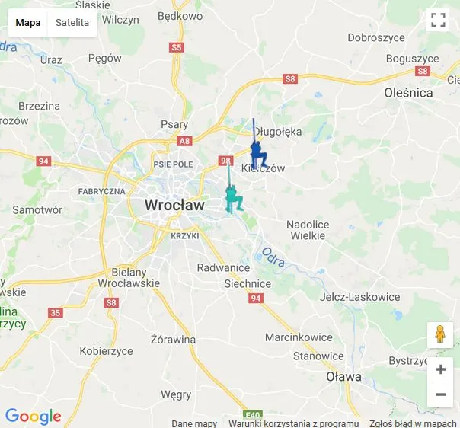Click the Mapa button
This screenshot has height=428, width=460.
[x=28, y=23]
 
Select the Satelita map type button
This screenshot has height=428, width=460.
[x=72, y=23]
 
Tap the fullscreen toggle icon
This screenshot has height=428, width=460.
[x=438, y=21]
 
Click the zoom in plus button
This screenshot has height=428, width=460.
[x=440, y=370]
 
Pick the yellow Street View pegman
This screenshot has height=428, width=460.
[x=440, y=334]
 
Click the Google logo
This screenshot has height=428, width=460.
[x=33, y=417]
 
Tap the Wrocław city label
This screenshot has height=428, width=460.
[x=174, y=205]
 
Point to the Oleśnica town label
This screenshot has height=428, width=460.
[x=408, y=93]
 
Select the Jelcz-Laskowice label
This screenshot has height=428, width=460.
[x=360, y=297]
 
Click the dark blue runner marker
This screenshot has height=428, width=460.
[x=258, y=155]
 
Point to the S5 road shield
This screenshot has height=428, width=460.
[x=177, y=47]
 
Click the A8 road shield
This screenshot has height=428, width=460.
[x=184, y=141]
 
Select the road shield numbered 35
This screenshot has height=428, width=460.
[x=55, y=312]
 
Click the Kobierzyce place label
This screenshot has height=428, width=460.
[x=107, y=351]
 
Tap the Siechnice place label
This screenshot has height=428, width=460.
[x=248, y=283]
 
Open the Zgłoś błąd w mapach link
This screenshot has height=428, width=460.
[x=412, y=423]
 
